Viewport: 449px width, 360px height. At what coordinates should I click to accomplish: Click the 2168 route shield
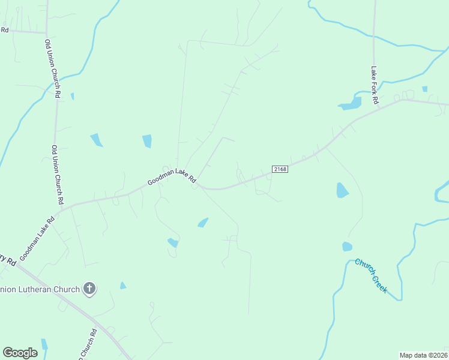[x=280, y=169]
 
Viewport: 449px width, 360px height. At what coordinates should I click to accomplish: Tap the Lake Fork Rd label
[x=374, y=81]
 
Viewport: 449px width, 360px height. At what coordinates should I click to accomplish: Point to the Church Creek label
[x=371, y=275]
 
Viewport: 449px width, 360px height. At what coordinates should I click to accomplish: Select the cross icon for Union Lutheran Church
[x=89, y=289]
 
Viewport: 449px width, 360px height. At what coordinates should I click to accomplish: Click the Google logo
[x=20, y=353]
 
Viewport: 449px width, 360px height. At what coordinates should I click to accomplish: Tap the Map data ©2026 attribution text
[x=423, y=355]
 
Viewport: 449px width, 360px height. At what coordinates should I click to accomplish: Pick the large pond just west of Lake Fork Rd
[x=351, y=104]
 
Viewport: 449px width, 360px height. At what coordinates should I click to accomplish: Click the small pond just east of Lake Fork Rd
[x=425, y=89]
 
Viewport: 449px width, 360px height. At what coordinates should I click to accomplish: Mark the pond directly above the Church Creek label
[x=347, y=247]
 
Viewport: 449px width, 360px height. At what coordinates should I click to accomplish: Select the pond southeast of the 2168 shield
[x=342, y=190]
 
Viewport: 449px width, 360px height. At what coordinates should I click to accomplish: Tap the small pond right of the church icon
[x=123, y=286]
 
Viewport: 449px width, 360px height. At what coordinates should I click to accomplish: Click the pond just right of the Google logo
[x=44, y=345]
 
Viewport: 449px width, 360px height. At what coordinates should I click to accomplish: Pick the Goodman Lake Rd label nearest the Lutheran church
[x=37, y=238]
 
